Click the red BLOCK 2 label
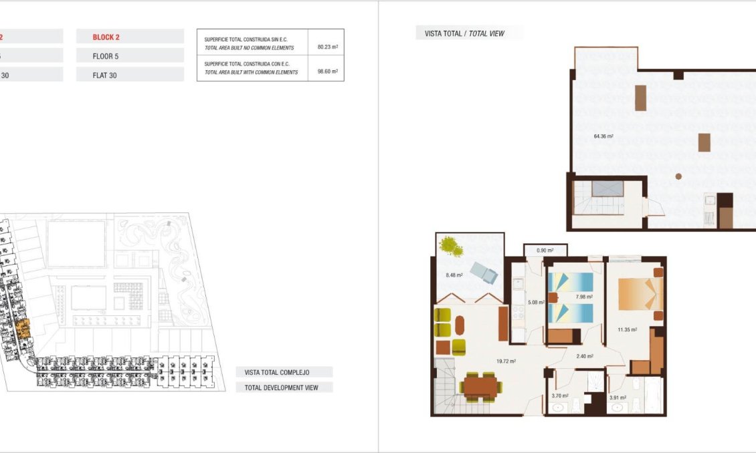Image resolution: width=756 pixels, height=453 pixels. [x=106, y=37]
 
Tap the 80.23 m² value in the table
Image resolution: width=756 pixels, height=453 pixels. [x=327, y=47]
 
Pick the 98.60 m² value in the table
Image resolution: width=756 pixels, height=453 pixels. [x=327, y=71]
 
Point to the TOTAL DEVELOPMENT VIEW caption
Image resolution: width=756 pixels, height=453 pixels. [x=281, y=388]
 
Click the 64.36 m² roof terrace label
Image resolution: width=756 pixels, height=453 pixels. [x=603, y=136]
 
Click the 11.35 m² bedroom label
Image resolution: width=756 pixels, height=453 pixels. [x=627, y=329]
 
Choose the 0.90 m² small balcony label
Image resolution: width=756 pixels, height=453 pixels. [x=545, y=251]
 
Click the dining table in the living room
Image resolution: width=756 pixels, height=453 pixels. [x=481, y=386]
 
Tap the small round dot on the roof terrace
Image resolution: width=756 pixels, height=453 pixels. [x=678, y=176]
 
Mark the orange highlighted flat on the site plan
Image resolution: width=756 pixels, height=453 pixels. [x=23, y=327]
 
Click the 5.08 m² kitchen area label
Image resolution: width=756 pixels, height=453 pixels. [x=533, y=302]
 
